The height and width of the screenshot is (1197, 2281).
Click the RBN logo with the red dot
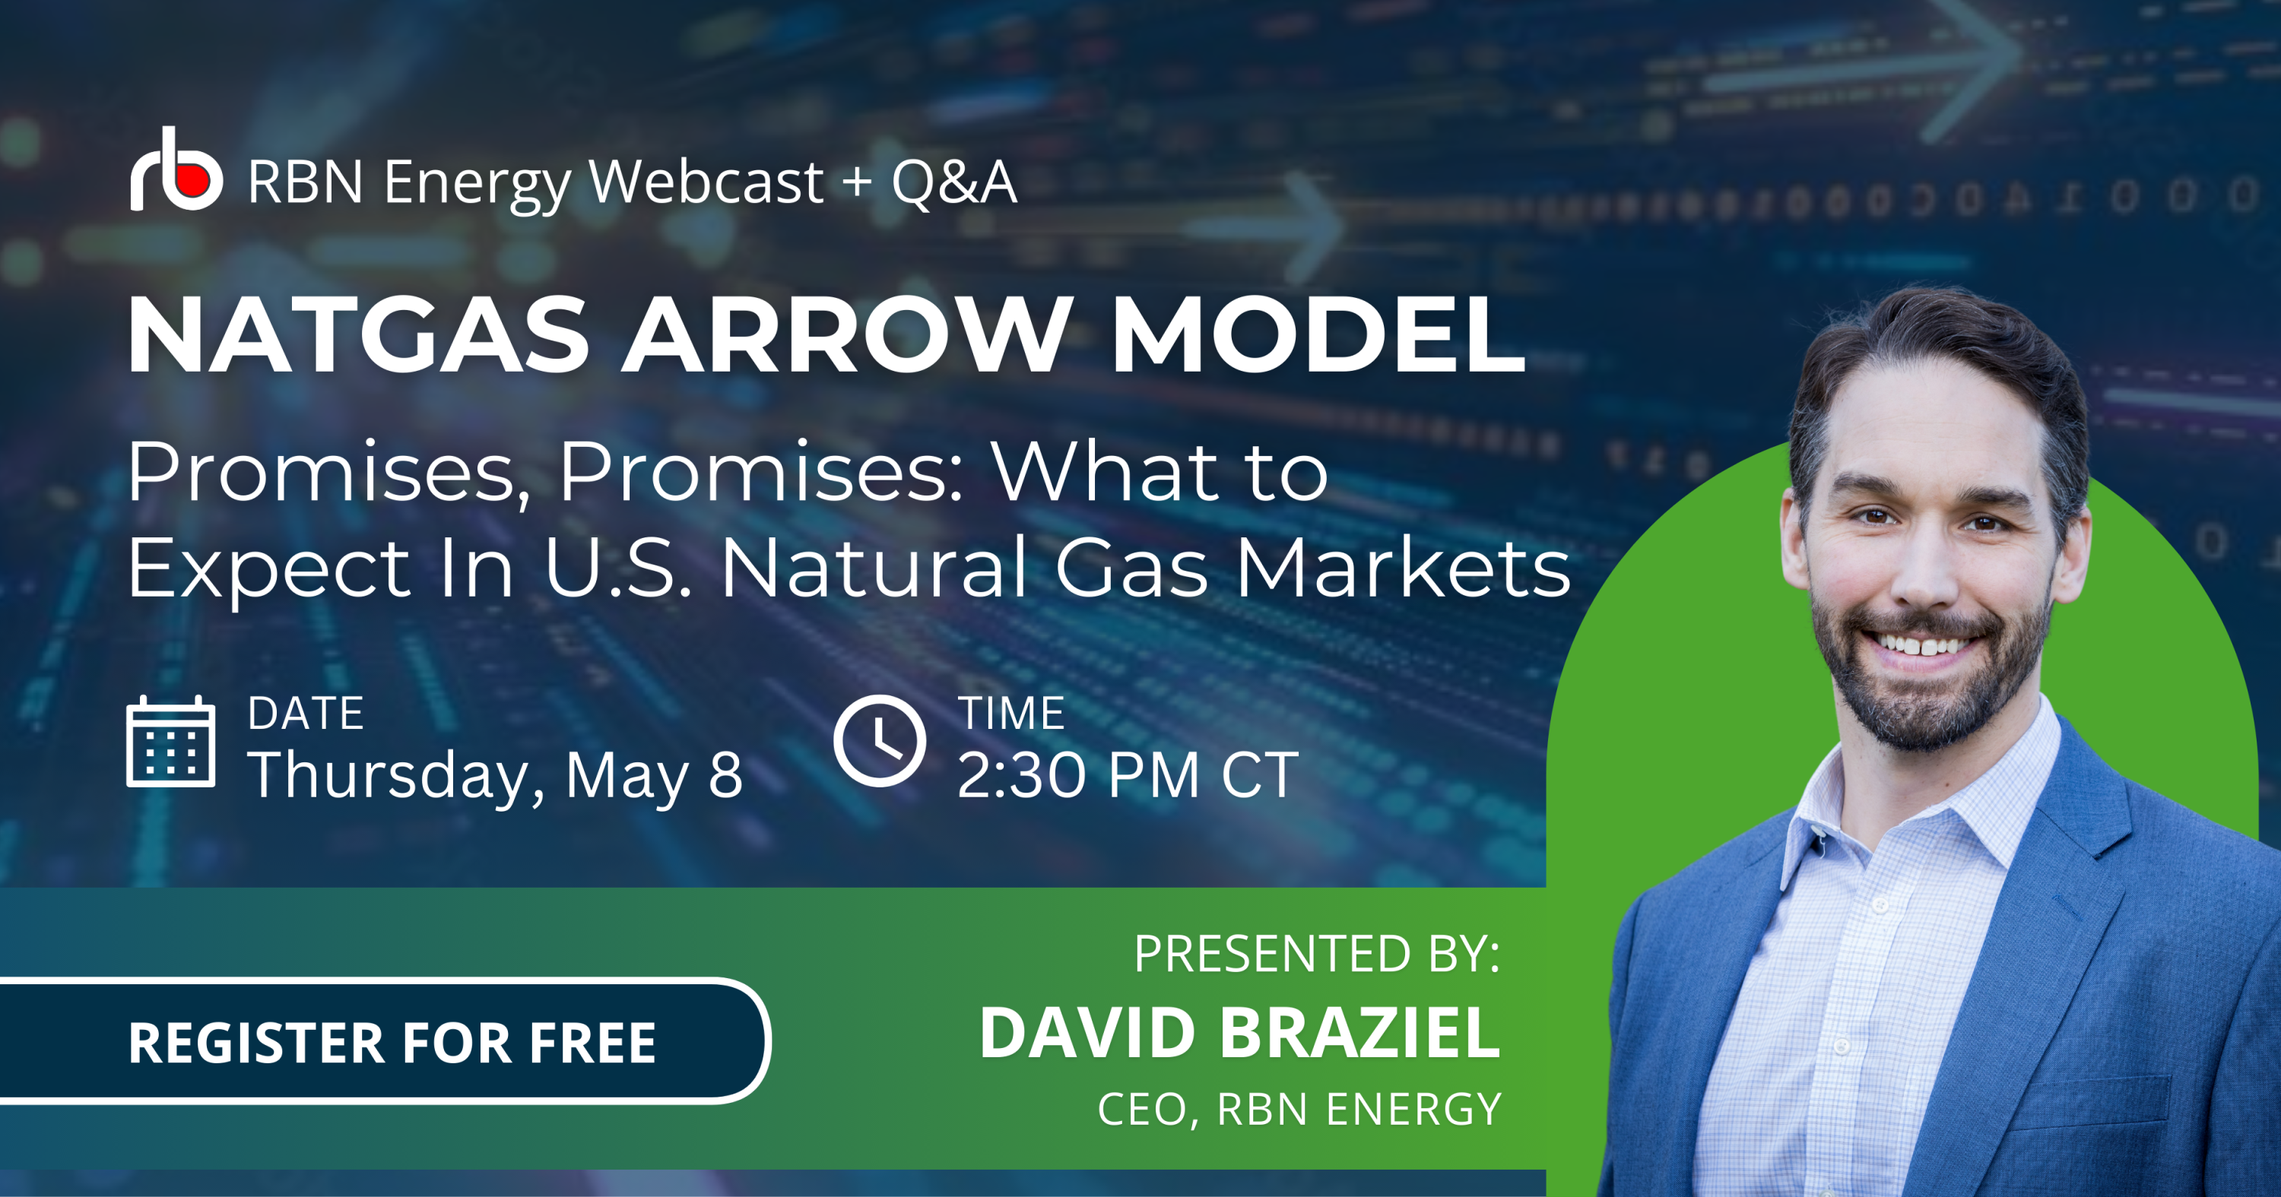(176, 169)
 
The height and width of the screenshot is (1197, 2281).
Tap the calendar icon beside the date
(171, 741)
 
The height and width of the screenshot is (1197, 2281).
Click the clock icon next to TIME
(879, 741)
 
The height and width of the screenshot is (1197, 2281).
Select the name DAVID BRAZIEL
(1239, 1032)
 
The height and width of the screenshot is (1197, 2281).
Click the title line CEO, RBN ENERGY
(1299, 1110)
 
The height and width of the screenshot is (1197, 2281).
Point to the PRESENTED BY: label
(1317, 954)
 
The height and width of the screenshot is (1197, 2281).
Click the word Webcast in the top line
(706, 182)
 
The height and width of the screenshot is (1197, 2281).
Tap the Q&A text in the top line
(953, 182)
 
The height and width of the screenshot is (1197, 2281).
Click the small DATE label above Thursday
(306, 714)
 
